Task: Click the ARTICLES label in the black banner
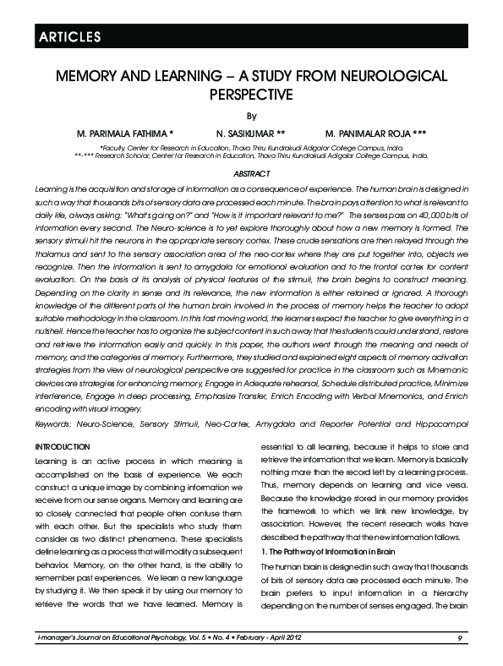tap(68, 36)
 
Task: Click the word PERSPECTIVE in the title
tap(250, 94)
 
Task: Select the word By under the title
tap(250, 116)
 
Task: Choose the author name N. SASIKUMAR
tap(250, 134)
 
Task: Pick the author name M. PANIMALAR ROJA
tap(375, 134)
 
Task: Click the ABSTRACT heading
tap(251, 173)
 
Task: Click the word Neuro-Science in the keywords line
tap(101, 421)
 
